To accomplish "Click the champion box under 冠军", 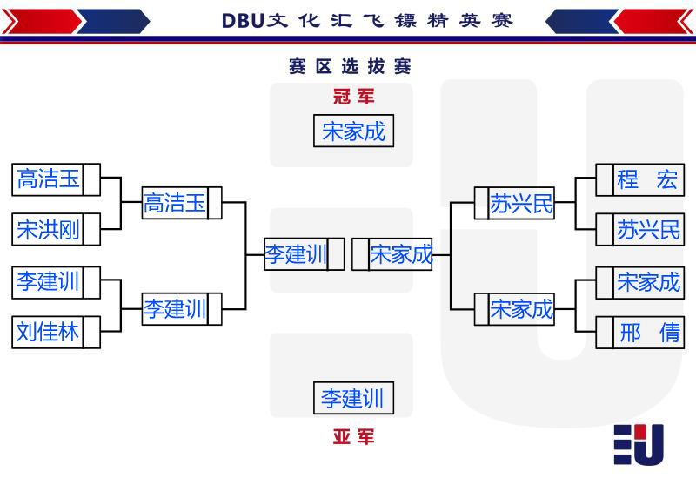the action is click(x=353, y=131).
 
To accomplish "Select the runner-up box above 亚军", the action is click(x=353, y=398).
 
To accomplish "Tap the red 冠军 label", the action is click(x=354, y=97).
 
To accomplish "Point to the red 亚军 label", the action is click(x=354, y=437).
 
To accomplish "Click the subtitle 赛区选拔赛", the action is click(x=350, y=66).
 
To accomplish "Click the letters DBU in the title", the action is click(x=243, y=21).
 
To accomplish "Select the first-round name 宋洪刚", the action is click(x=48, y=229).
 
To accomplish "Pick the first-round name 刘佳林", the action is click(x=48, y=332).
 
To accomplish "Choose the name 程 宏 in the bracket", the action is click(x=647, y=179).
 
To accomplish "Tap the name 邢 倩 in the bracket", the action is click(x=649, y=333).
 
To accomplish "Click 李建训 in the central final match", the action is click(x=296, y=254).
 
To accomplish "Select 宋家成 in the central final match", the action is click(x=401, y=254).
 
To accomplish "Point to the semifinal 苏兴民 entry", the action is click(x=521, y=204).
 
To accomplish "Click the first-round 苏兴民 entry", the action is click(x=648, y=229).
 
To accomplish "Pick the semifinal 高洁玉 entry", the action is click(x=175, y=203).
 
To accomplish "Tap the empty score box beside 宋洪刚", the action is click(x=91, y=229).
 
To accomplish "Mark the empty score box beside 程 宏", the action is click(x=604, y=180).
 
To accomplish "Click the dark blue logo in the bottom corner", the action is click(x=639, y=444).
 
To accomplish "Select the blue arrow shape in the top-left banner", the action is click(x=114, y=21).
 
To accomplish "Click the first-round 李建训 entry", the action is click(x=48, y=282).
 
